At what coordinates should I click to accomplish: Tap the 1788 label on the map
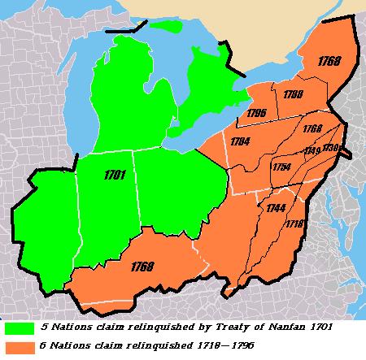(294, 94)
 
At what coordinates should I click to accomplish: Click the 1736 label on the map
(332, 148)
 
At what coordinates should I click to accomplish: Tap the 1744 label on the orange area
(275, 208)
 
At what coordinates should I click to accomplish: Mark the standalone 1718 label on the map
(294, 222)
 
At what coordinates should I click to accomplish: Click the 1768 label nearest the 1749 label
(312, 130)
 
